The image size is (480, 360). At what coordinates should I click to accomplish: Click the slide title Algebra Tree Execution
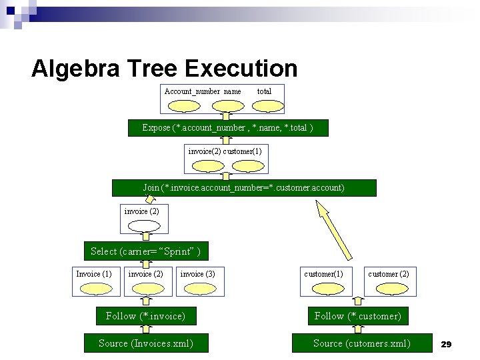[164, 68]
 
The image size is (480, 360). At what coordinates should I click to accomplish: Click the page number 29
[447, 344]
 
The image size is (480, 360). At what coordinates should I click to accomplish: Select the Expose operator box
[228, 127]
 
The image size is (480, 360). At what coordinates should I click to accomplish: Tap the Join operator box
[244, 188]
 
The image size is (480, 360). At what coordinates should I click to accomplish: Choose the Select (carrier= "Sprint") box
[145, 251]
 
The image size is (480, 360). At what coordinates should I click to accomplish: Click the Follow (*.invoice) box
[145, 316]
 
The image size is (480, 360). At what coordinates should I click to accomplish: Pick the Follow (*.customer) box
[358, 316]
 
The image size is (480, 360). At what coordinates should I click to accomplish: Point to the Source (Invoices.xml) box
[145, 343]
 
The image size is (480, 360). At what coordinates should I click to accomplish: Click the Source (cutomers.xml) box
[362, 343]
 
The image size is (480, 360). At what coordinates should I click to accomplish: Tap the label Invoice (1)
[94, 274]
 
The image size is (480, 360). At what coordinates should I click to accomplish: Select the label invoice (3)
[197, 274]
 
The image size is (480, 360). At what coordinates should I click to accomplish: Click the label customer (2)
[389, 274]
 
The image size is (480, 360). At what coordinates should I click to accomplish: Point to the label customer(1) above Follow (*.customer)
[324, 274]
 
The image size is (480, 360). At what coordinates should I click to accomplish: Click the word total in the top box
[264, 91]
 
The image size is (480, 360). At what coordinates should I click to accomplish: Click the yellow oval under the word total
[269, 105]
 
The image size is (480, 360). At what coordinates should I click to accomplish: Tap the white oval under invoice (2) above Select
[144, 225]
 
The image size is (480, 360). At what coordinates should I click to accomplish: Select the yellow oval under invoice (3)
[199, 288]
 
